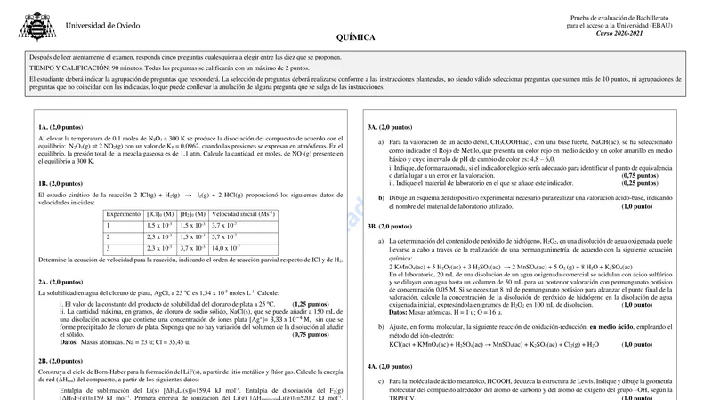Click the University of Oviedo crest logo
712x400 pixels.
coord(36,27)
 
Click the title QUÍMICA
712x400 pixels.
coord(356,39)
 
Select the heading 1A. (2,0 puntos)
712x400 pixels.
coord(61,127)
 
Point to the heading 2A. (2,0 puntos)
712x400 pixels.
coord(61,282)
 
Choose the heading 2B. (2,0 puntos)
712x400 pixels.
coord(61,361)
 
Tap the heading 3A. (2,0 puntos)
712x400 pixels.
coord(389,127)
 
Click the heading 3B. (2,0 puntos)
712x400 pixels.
coord(389,227)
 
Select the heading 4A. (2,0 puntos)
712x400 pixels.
coord(389,366)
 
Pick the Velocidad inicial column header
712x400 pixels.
coord(243,214)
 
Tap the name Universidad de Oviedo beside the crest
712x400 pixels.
coord(102,26)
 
